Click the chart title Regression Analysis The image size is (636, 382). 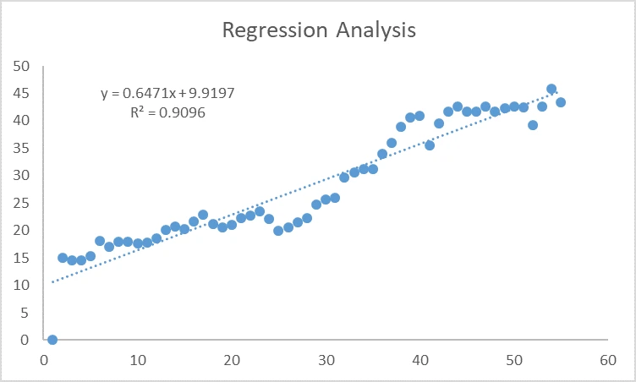coord(318,30)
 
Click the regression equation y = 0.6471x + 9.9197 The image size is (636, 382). coord(167,93)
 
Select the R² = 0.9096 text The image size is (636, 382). coord(167,112)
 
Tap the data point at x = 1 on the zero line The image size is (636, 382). coord(52,340)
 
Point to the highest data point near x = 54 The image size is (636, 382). coord(551,89)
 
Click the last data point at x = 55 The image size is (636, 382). coord(561,102)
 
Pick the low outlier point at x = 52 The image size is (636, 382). coord(533,125)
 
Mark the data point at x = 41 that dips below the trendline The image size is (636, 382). coord(430,145)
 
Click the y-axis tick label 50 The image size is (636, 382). coord(22,66)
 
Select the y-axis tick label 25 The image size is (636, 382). coord(22,203)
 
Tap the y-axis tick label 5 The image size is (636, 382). coord(25,313)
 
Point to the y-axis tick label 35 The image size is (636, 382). coord(22,148)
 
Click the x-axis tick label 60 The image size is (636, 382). coord(606,358)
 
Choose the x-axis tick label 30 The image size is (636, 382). coord(326,358)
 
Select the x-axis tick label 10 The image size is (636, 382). coord(137,358)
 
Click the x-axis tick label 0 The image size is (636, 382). coord(44,358)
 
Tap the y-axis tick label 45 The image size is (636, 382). coord(22,93)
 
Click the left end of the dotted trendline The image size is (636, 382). coord(53,282)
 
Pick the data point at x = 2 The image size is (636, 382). coord(63,258)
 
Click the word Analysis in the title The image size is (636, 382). coord(375,30)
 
